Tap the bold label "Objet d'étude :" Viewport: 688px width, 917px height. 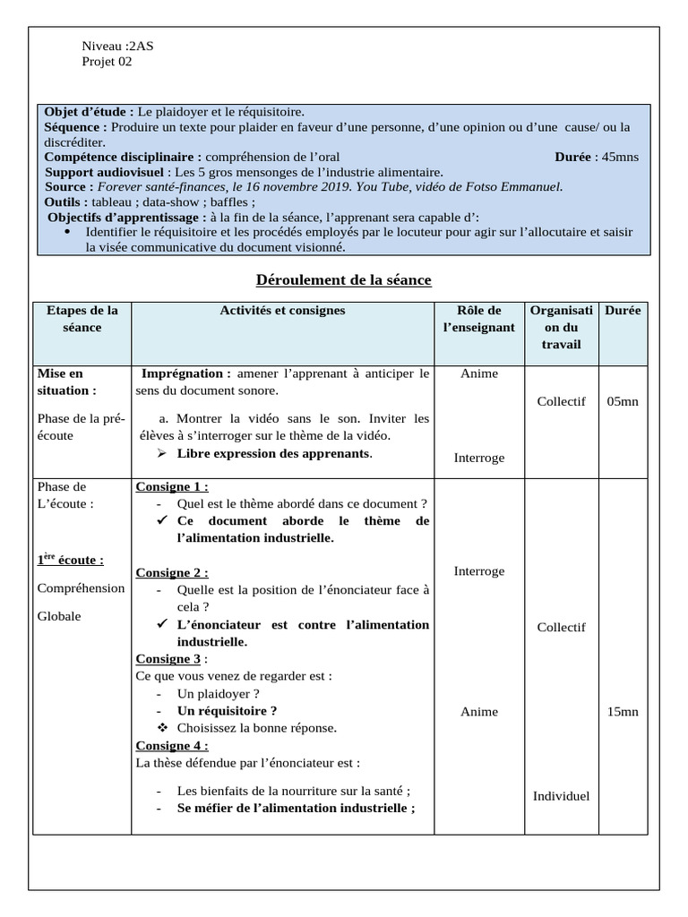coord(89,112)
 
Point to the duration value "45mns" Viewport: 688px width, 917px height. coord(620,157)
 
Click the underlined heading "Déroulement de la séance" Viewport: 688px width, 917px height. coord(344,280)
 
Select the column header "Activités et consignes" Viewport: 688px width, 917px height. coord(282,311)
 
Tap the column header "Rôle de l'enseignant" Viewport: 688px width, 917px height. coord(479,319)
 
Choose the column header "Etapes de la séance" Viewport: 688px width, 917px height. coord(82,319)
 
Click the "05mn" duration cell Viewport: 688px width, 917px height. coord(622,401)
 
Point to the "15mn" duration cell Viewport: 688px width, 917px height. coord(622,711)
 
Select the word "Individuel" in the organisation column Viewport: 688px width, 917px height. coord(561,795)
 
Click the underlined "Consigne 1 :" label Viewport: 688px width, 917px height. coord(172,486)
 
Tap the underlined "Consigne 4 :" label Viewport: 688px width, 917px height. coord(172,745)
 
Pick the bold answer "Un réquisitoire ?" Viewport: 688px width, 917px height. coord(227,710)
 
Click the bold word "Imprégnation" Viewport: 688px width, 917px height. coord(183,373)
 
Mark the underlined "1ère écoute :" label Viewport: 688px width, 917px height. coord(70,560)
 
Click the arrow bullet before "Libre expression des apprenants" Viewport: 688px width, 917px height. coord(162,453)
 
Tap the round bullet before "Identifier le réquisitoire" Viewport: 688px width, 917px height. coord(70,232)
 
